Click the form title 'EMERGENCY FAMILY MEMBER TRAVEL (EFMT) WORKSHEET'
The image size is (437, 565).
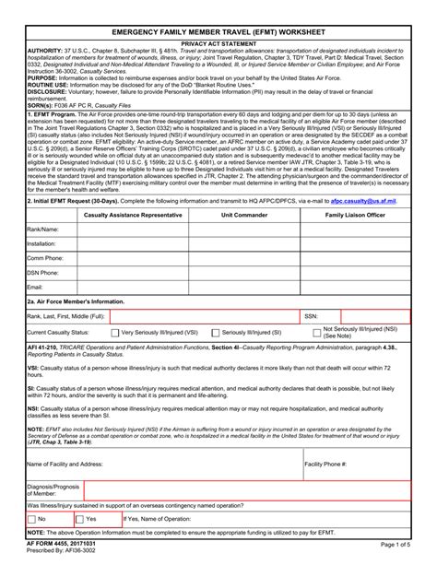click(218, 29)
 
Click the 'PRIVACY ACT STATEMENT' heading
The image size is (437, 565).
click(218, 42)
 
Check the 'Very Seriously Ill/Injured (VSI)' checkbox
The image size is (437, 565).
click(115, 332)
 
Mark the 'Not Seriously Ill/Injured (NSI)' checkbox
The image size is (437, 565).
click(318, 332)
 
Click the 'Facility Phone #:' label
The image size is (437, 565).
click(325, 465)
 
